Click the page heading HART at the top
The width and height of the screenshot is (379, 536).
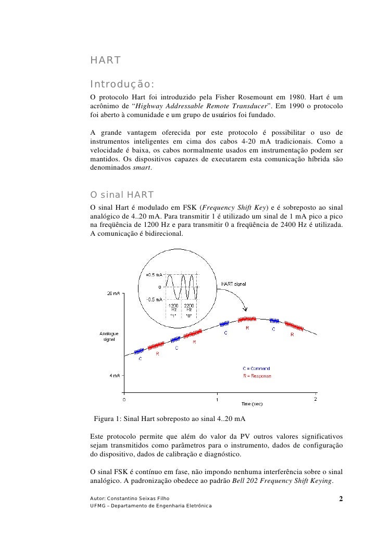tap(106, 61)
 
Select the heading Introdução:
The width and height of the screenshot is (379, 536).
tap(122, 84)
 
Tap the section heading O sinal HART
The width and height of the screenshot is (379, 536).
tap(122, 195)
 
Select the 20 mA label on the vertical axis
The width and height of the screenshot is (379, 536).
tap(114, 293)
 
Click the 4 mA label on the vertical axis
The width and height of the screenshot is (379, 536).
tap(116, 376)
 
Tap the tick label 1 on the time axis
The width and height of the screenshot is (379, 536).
tap(218, 400)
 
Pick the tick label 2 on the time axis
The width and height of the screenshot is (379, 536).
tap(315, 400)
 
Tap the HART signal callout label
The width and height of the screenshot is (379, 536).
tap(234, 284)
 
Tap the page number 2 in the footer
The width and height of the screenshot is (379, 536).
tap(340, 499)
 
